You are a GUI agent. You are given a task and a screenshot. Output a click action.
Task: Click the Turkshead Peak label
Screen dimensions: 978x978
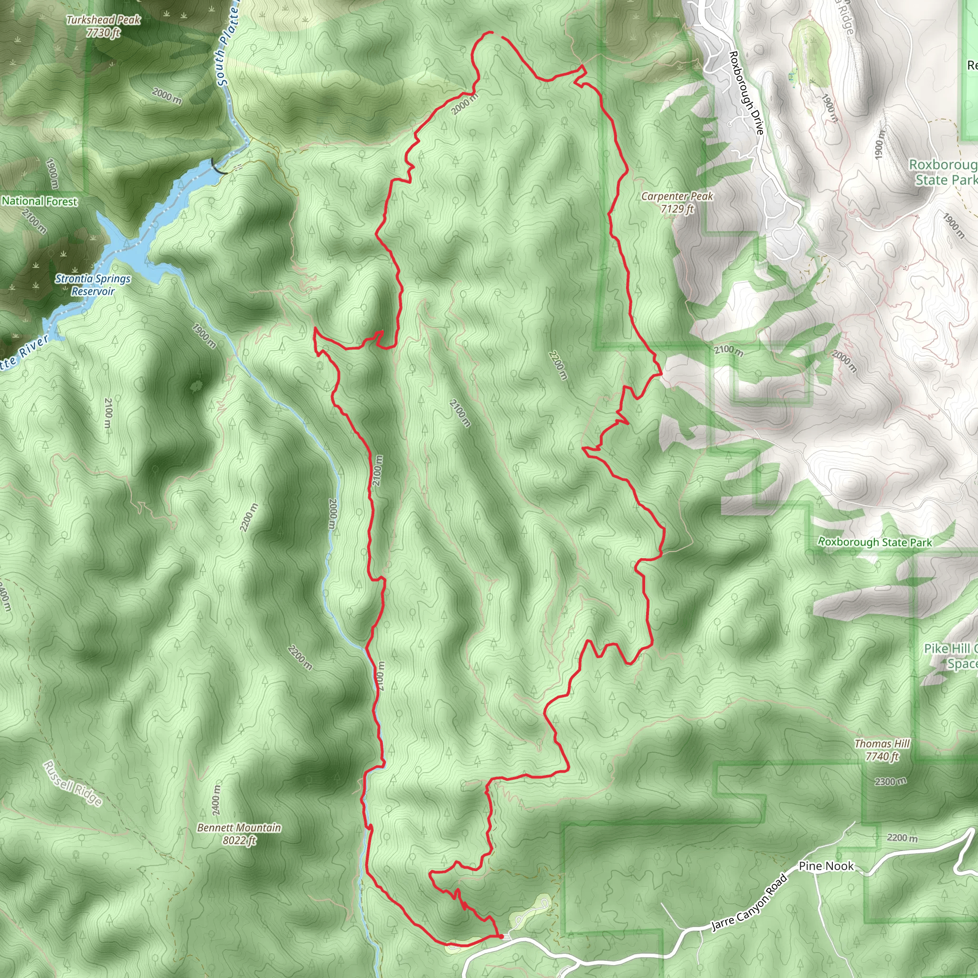point(103,20)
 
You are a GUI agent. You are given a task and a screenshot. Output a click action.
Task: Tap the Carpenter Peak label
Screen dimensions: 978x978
point(677,196)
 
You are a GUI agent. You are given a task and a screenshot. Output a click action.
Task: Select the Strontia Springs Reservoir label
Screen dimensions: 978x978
point(93,285)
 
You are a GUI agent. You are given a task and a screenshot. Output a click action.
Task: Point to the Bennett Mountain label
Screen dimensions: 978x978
point(239,828)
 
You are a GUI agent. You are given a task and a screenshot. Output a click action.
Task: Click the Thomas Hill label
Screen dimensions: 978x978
point(882,744)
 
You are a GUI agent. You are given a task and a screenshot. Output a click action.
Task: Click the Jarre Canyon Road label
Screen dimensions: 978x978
point(750,903)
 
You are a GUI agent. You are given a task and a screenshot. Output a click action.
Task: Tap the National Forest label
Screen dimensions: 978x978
point(40,201)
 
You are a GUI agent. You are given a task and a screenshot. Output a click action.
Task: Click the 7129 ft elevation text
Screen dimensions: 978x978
point(677,209)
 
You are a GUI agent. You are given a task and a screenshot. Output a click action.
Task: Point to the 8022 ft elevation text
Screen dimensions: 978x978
point(239,840)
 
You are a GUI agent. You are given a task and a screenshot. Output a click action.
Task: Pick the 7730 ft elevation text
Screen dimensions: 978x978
point(103,33)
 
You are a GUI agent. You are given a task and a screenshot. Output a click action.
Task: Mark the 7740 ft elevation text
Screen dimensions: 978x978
point(882,756)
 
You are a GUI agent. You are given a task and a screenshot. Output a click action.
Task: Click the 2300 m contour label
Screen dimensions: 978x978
point(891,782)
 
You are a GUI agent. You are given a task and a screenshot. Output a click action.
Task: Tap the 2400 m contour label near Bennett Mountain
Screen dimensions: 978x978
point(217,800)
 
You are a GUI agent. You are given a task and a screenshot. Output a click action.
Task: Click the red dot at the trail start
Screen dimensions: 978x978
point(500,937)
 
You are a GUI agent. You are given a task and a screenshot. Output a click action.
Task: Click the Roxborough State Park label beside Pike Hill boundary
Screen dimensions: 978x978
point(875,542)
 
